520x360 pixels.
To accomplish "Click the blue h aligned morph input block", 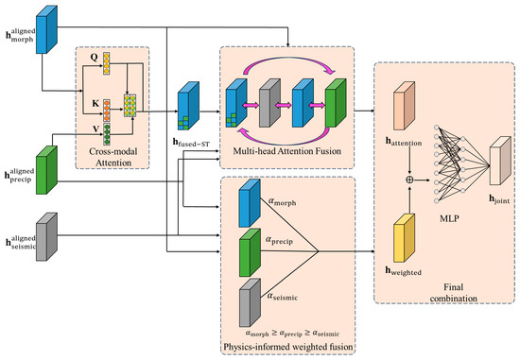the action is tap(46, 29).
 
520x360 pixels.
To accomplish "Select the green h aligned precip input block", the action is tap(46, 170).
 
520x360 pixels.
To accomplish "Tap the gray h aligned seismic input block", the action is tap(46, 236).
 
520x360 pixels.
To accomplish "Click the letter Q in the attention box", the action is tap(95, 58).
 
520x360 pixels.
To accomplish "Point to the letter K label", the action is tap(95, 104).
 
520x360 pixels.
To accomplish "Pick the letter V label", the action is tap(96, 129).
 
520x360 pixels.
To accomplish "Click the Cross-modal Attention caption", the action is tap(113, 157).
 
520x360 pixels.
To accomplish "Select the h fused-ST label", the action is tap(191, 143).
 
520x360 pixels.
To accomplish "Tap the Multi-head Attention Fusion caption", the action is tap(286, 151).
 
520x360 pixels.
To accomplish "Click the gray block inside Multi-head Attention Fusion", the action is tap(269, 103).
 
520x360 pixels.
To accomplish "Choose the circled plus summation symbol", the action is tap(410, 180).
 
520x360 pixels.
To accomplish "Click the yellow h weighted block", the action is tap(405, 238).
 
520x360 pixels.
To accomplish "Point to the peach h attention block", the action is tap(405, 106).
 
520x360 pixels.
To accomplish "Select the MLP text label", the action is tap(449, 218).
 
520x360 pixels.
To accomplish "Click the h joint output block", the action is tap(500, 161).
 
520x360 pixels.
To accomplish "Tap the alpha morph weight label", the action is tap(282, 201).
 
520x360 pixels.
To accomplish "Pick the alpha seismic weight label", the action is tap(283, 297).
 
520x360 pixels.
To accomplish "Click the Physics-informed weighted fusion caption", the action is tap(287, 347).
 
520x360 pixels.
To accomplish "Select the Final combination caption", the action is tap(453, 293).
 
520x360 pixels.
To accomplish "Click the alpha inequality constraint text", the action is tap(292, 334).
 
